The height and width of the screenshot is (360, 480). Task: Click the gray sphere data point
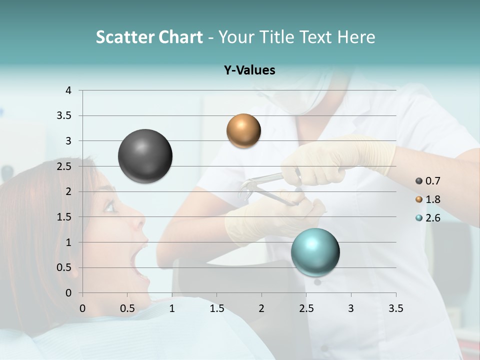[145, 156]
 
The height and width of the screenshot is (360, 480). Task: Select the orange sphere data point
[243, 131]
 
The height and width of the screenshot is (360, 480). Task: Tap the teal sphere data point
[315, 252]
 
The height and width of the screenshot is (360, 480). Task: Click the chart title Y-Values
[249, 70]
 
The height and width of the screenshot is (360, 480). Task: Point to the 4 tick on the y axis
[68, 90]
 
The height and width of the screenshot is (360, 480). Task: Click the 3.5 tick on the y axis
[64, 115]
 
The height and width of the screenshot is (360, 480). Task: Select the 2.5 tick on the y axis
[64, 166]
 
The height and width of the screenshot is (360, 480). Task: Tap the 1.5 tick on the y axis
[64, 217]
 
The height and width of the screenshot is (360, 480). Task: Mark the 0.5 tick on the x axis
[127, 308]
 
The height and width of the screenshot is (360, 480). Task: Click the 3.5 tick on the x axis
[395, 308]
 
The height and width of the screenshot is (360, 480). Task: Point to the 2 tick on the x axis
[261, 308]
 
